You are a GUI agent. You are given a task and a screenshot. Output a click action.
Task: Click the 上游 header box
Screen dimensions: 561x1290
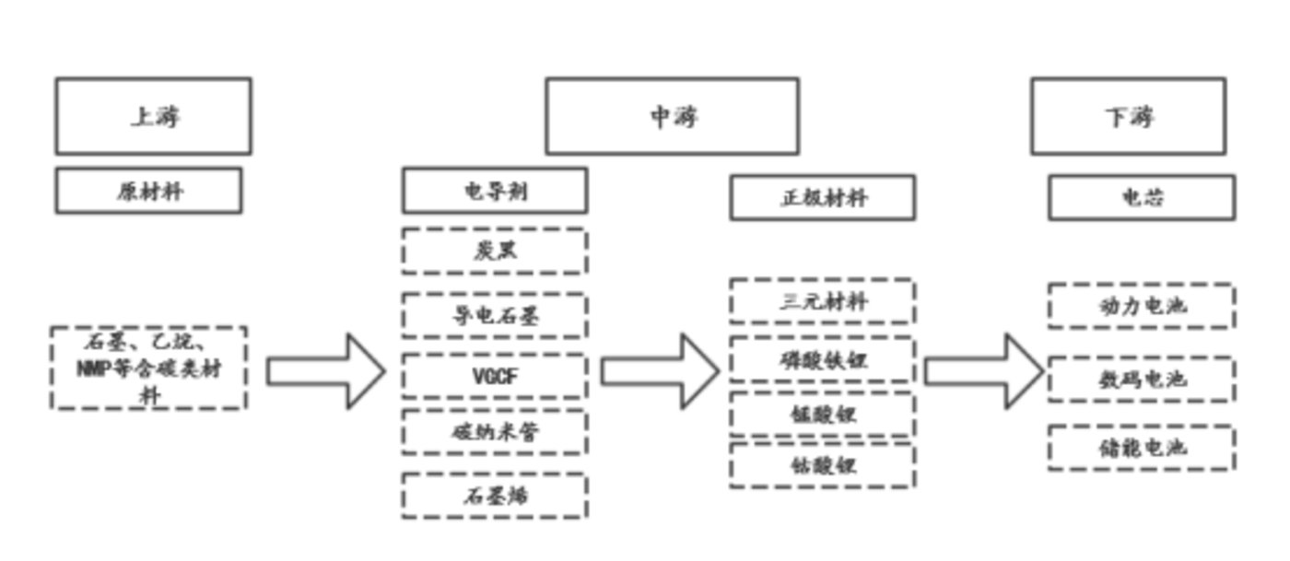[153, 116]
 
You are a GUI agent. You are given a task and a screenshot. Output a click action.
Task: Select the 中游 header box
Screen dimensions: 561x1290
[672, 116]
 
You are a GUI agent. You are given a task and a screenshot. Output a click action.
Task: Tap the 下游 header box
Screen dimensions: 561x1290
[1128, 116]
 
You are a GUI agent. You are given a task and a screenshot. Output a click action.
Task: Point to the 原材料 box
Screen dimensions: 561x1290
[148, 191]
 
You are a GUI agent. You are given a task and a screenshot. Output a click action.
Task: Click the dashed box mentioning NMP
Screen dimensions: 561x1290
[148, 368]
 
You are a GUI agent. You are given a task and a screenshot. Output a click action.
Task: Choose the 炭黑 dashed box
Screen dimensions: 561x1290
[494, 251]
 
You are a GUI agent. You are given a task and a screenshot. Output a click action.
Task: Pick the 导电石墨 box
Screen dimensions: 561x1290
[494, 316]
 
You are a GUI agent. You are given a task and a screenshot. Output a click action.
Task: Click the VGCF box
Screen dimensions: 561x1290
[494, 376]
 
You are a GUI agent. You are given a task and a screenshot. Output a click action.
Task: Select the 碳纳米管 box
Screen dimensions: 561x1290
[494, 432]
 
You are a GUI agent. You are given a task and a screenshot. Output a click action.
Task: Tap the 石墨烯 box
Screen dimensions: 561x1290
[494, 496]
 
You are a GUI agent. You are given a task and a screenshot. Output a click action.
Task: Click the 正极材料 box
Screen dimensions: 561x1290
[823, 198]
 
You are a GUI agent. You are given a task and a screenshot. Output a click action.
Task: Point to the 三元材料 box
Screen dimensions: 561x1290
[823, 301]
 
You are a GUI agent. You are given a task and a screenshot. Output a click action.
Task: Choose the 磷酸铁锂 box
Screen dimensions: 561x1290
[823, 359]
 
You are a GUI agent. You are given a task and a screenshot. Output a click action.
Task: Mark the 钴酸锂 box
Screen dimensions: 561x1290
[823, 466]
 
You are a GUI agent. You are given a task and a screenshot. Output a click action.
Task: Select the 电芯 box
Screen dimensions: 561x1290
[1141, 197]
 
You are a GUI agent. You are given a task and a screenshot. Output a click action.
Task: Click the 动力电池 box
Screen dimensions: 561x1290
[1141, 306]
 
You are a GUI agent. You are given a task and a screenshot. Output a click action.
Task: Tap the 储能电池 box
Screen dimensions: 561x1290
[1141, 448]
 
